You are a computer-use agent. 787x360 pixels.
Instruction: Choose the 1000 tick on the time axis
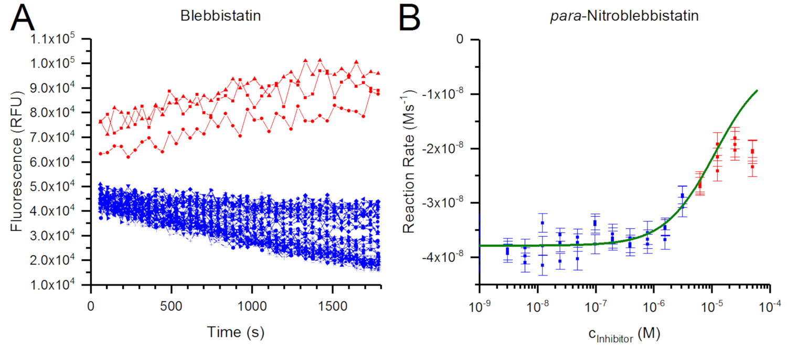click(252, 304)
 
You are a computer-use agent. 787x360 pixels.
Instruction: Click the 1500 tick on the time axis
click(332, 304)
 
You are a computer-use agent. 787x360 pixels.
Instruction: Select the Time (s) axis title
click(236, 332)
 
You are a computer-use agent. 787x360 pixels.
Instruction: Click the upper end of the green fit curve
click(757, 90)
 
